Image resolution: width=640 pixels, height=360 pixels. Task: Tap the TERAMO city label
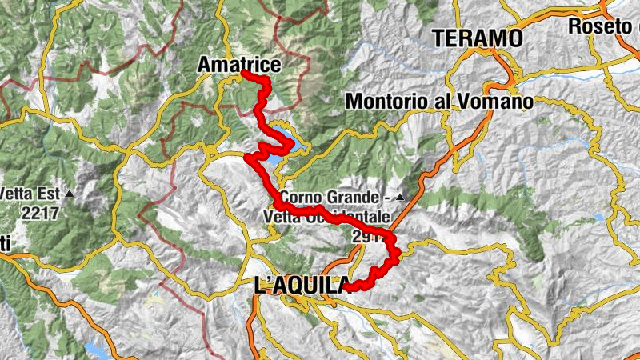click(478, 38)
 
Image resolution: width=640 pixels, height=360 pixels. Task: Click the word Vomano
click(497, 102)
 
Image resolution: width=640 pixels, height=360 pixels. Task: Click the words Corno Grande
click(327, 197)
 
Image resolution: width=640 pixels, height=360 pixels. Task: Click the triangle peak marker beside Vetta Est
click(70, 194)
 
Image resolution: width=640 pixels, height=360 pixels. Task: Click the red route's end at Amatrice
click(242, 74)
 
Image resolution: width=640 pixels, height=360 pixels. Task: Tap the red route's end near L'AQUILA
click(346, 288)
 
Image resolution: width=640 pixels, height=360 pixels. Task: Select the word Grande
click(350, 197)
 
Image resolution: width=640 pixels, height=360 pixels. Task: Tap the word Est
click(50, 194)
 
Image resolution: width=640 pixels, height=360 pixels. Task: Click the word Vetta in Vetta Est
click(18, 194)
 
